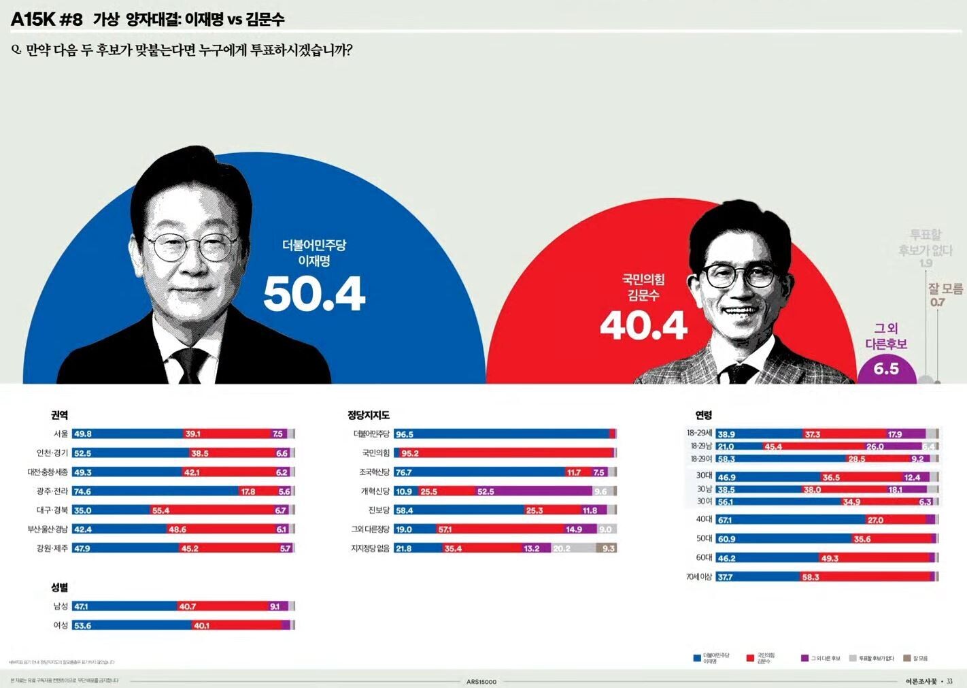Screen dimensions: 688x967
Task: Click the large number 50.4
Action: coord(314,294)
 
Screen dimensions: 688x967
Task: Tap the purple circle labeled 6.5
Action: coord(886,369)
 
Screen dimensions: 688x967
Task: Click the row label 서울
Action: coord(61,434)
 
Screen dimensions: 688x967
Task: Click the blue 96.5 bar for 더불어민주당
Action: coord(501,434)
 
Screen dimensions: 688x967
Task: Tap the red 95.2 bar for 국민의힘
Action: coord(503,453)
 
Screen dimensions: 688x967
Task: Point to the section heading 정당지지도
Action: coord(368,415)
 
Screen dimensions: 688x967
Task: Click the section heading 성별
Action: coord(59,587)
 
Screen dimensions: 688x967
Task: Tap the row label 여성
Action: coord(61,625)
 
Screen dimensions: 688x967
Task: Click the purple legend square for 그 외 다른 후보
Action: coord(805,658)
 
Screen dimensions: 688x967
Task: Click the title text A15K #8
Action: coord(46,19)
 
